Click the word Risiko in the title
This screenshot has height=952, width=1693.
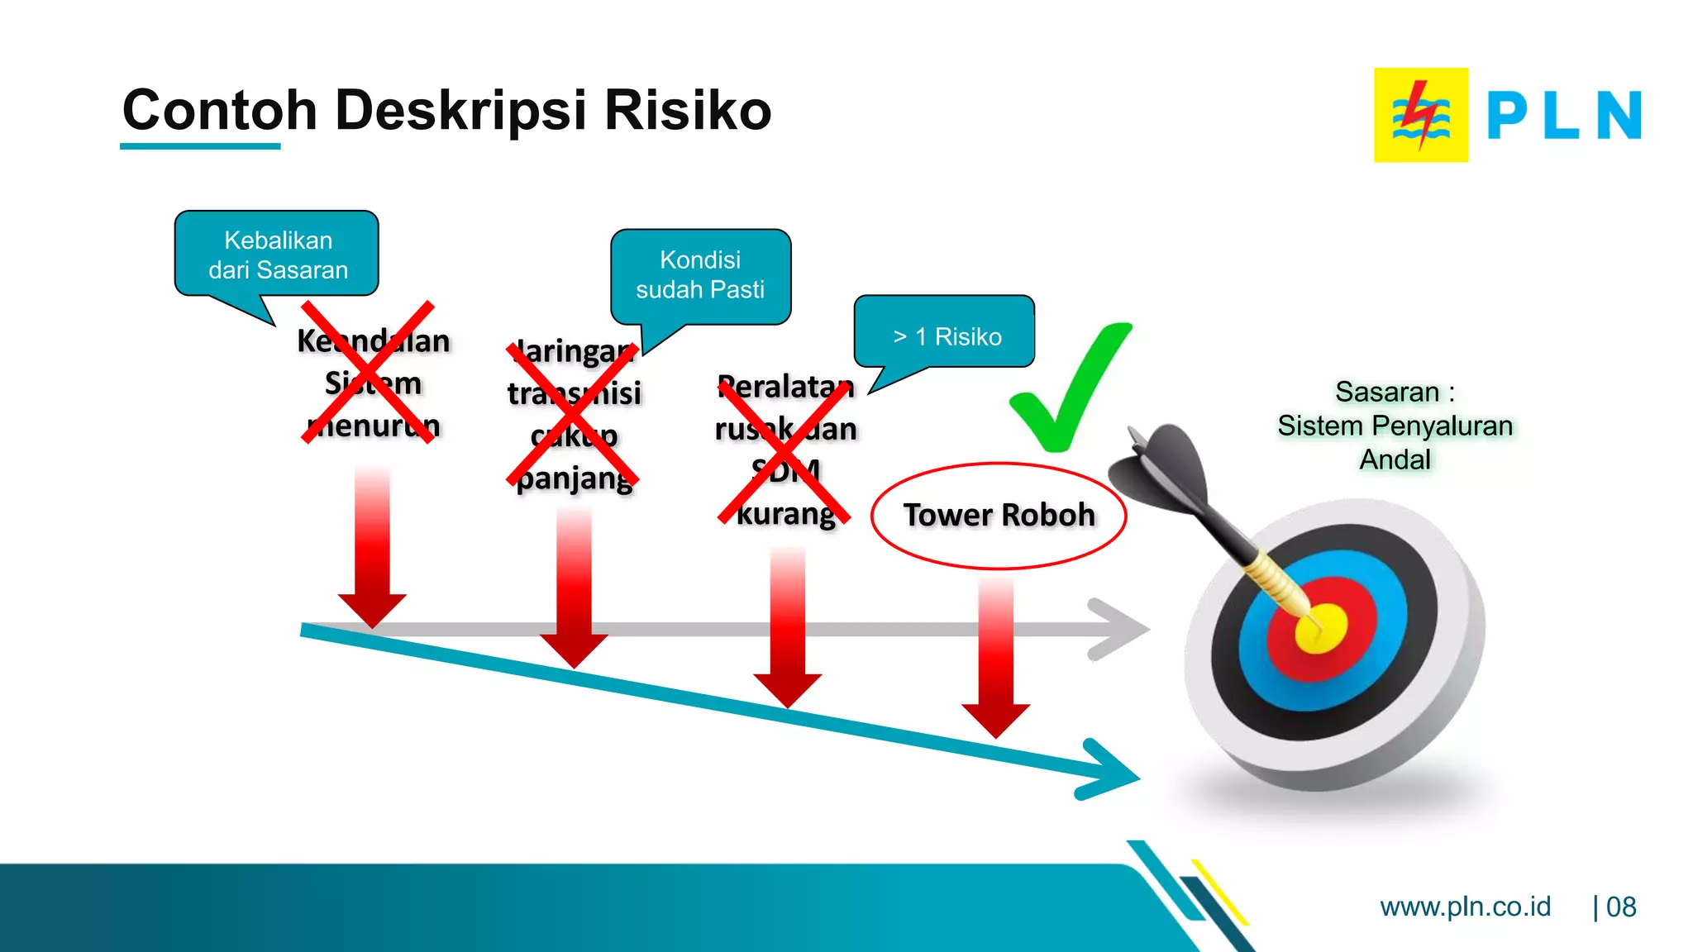pyautogui.click(x=688, y=111)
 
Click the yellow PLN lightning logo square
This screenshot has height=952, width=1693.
pyautogui.click(x=1420, y=115)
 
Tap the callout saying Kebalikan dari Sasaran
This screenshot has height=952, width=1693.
pyautogui.click(x=277, y=255)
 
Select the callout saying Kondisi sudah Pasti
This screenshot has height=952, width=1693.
pyautogui.click(x=700, y=275)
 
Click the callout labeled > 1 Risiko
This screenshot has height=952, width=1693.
pyautogui.click(x=945, y=333)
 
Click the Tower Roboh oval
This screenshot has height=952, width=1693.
pyautogui.click(x=999, y=516)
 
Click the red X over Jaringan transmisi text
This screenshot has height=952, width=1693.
pyautogui.click(x=572, y=415)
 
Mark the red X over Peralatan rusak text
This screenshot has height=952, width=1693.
pyautogui.click(x=784, y=453)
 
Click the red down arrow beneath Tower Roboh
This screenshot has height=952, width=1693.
pyautogui.click(x=995, y=661)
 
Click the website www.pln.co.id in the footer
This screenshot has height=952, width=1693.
pyautogui.click(x=1465, y=907)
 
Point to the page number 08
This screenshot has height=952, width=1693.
pyautogui.click(x=1620, y=907)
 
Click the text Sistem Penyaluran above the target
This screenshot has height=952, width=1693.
pyautogui.click(x=1395, y=426)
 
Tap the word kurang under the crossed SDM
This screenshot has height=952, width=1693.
pyautogui.click(x=785, y=514)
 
